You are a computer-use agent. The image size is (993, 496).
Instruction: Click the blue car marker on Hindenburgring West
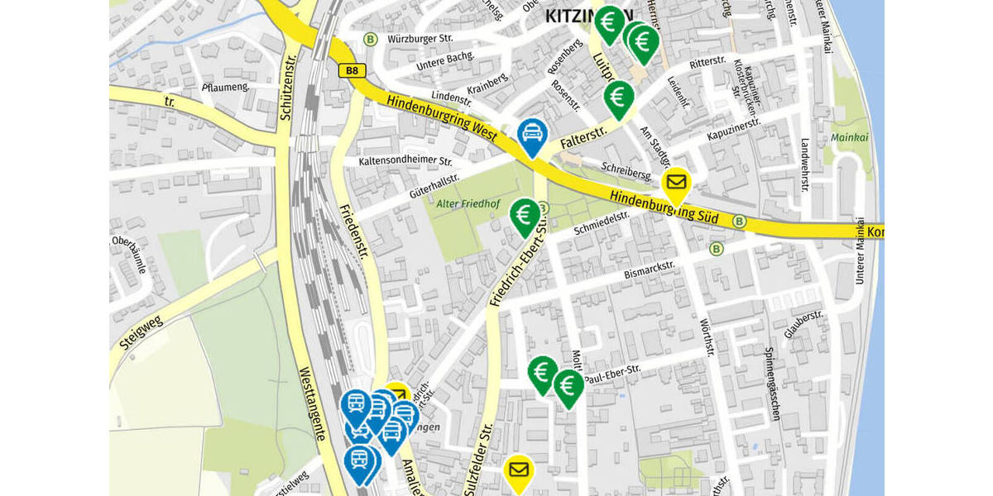(530, 135)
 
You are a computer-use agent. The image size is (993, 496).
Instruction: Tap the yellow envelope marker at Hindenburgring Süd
(676, 183)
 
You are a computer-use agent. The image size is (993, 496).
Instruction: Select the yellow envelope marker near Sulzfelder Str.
(519, 471)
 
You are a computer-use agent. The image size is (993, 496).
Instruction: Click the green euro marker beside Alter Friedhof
(524, 216)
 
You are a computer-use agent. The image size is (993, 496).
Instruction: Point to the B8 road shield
(353, 71)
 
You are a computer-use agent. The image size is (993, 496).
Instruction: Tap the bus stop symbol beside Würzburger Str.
(370, 39)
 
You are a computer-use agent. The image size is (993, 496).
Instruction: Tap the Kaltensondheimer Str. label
(405, 161)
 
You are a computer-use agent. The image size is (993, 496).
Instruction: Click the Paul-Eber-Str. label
(612, 374)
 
